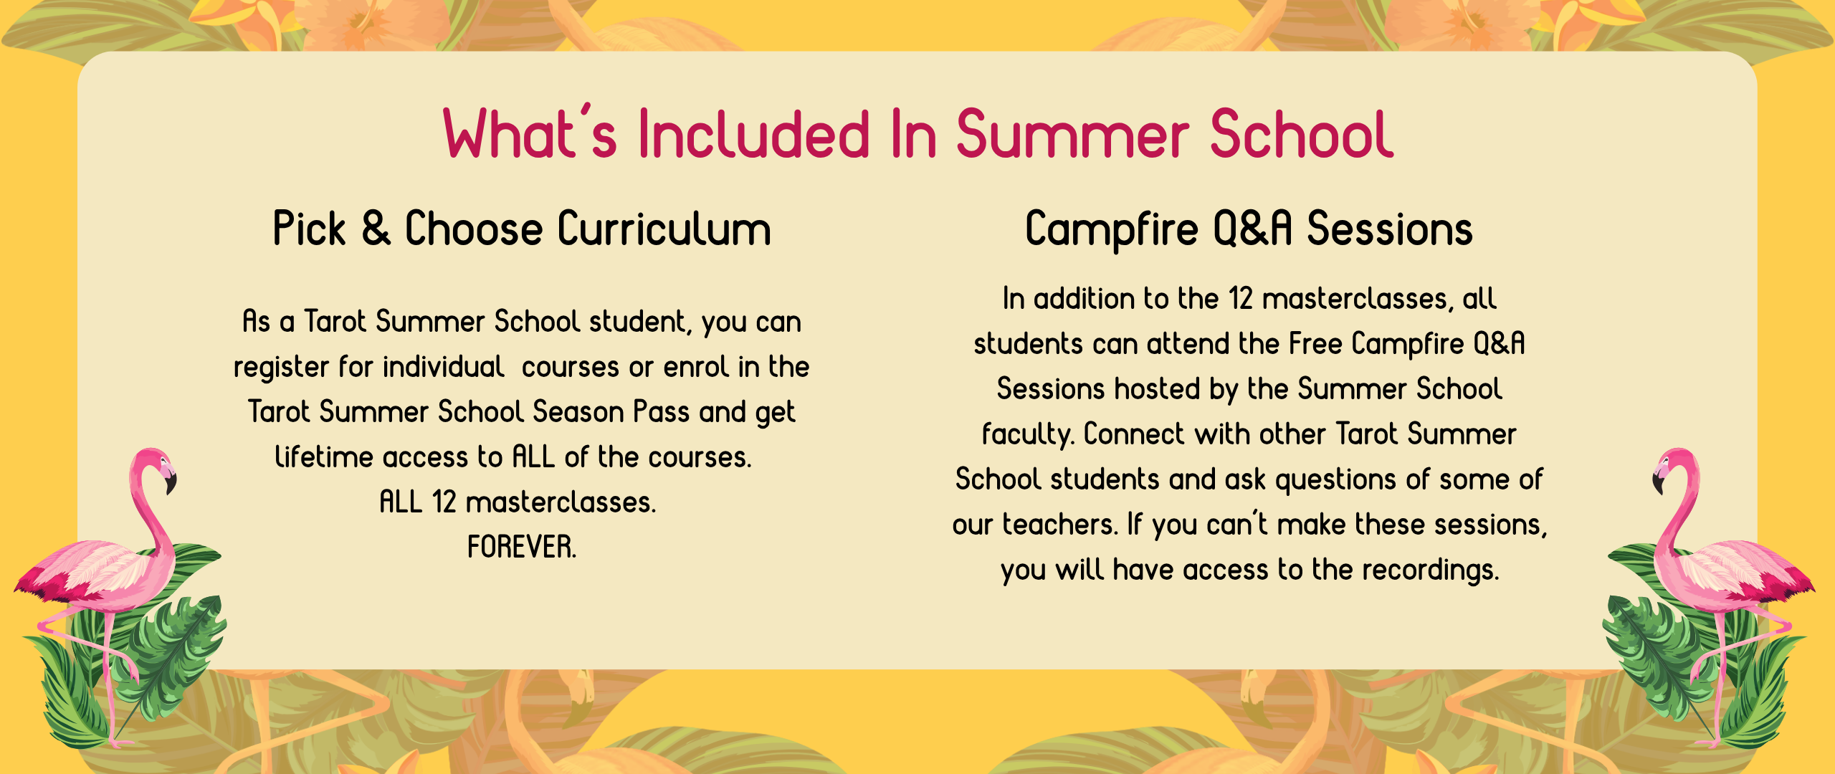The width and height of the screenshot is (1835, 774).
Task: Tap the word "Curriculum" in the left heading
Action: pos(664,229)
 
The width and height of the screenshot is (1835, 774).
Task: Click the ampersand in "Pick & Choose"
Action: pos(376,229)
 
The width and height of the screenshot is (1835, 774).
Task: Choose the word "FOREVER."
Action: pos(522,548)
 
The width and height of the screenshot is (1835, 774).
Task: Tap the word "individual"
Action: pos(443,367)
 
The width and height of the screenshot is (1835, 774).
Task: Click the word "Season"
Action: pos(578,412)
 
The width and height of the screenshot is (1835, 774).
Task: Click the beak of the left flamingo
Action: pos(170,483)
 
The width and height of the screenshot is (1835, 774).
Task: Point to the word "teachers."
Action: pos(1059,525)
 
